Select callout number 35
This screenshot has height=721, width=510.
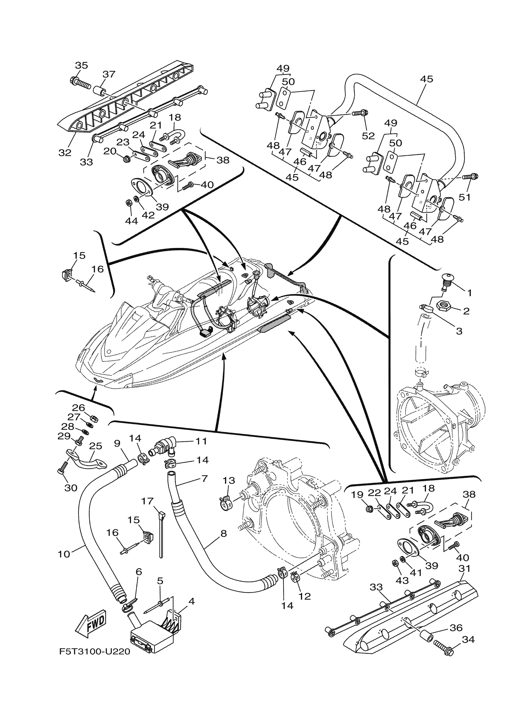click(x=81, y=65)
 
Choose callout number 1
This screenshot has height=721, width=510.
click(x=469, y=293)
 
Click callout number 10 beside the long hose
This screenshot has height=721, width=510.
click(x=64, y=554)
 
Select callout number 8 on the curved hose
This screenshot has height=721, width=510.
click(x=223, y=533)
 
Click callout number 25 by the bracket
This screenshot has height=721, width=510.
click(x=96, y=446)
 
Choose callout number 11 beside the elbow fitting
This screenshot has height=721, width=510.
click(x=201, y=441)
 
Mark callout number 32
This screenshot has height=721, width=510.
click(x=65, y=153)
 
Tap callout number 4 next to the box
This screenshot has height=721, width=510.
click(x=191, y=601)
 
